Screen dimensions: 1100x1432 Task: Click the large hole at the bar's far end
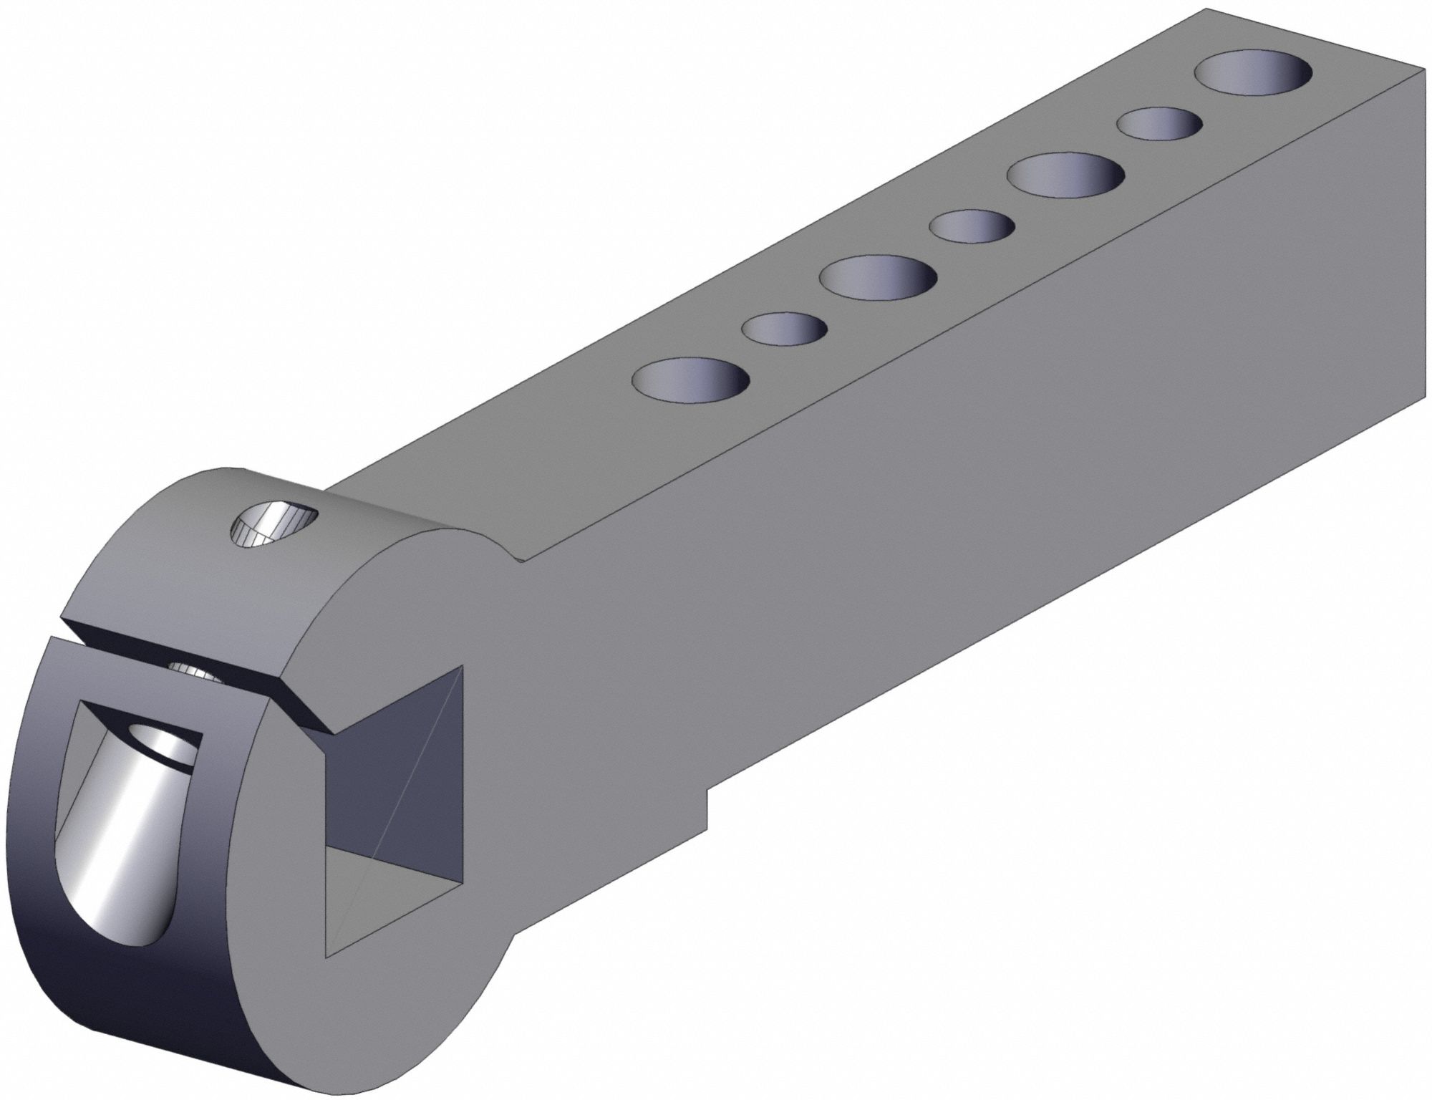(1254, 79)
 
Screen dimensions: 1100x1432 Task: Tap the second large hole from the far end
(1065, 174)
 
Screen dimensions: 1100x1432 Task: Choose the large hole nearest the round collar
(691, 378)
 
